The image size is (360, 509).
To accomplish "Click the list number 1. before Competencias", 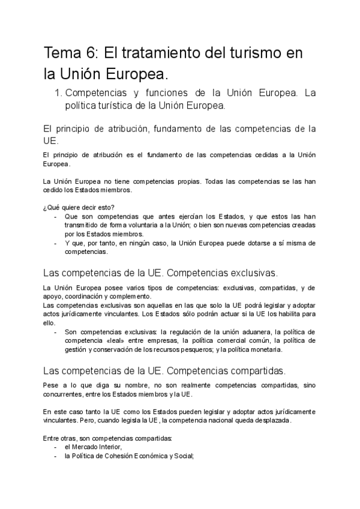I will pyautogui.click(x=58, y=93).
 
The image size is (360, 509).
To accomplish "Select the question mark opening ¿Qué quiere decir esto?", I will pyautogui.click(x=46, y=208).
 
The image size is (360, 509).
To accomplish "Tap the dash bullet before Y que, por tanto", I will pyautogui.click(x=56, y=243).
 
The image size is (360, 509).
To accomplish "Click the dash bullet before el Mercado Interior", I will pyautogui.click(x=56, y=447).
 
